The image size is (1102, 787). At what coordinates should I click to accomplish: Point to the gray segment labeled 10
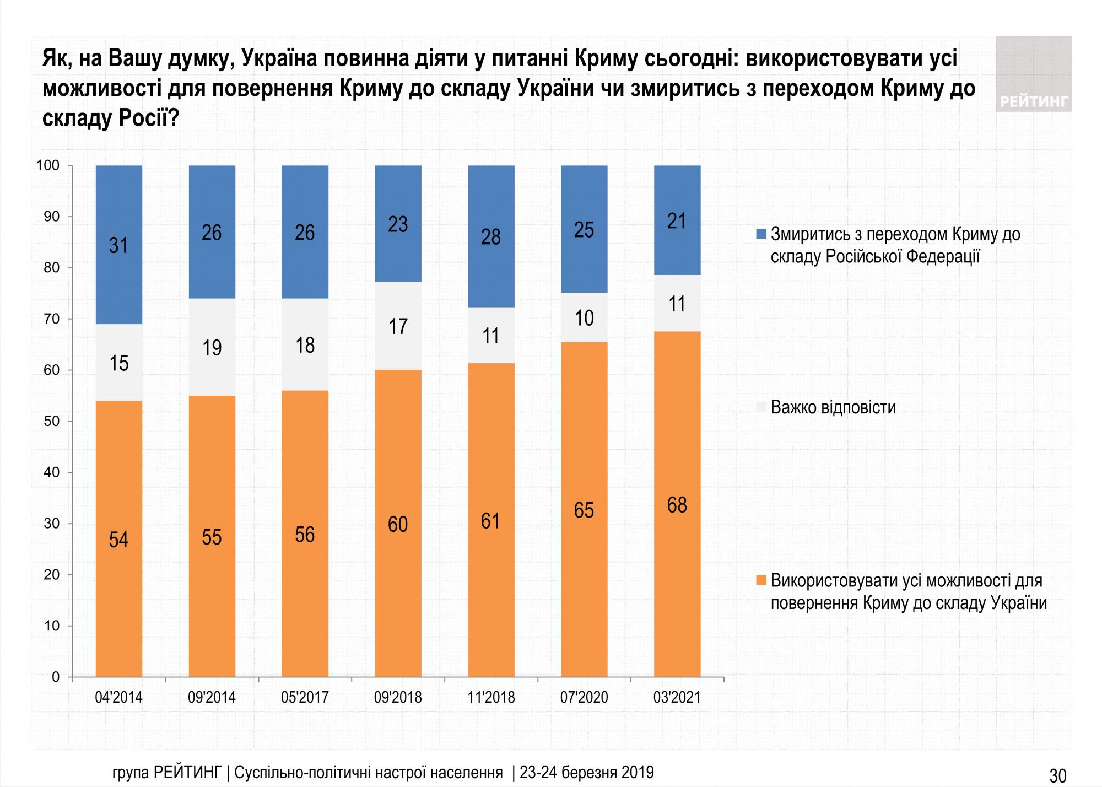[584, 318]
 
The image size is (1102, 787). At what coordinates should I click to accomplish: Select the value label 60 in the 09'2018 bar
[398, 524]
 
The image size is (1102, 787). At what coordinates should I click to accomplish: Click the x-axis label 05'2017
[305, 698]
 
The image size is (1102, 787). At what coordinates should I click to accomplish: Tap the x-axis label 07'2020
[584, 698]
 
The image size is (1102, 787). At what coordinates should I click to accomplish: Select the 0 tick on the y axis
[56, 677]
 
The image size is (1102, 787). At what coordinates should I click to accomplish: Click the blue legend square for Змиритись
[761, 235]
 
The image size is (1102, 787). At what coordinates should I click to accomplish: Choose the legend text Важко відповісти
[834, 408]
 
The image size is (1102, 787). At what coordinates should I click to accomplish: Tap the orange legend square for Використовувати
[761, 581]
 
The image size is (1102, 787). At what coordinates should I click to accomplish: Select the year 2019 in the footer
[638, 773]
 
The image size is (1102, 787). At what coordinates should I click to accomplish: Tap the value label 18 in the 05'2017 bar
[305, 346]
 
